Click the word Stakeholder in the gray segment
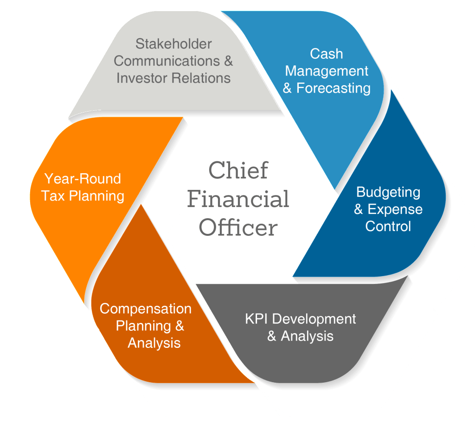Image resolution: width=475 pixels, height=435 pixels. (x=173, y=44)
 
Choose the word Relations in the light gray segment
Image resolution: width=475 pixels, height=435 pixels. (x=201, y=77)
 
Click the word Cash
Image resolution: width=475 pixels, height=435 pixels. (x=327, y=54)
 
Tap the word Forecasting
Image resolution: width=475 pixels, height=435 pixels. (x=334, y=88)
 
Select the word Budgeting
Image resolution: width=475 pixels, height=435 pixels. (x=388, y=192)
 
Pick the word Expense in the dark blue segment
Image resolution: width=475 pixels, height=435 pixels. (x=395, y=209)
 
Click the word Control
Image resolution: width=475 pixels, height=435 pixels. (x=388, y=226)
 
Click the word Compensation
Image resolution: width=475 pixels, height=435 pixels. (x=146, y=309)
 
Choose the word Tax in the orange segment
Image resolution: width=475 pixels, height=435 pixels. (x=53, y=195)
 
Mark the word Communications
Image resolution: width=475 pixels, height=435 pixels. (x=167, y=61)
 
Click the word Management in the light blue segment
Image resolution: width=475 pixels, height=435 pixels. (x=327, y=71)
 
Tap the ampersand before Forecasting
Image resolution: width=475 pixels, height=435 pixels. (x=288, y=88)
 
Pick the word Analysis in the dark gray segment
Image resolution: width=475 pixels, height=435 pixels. (x=307, y=336)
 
